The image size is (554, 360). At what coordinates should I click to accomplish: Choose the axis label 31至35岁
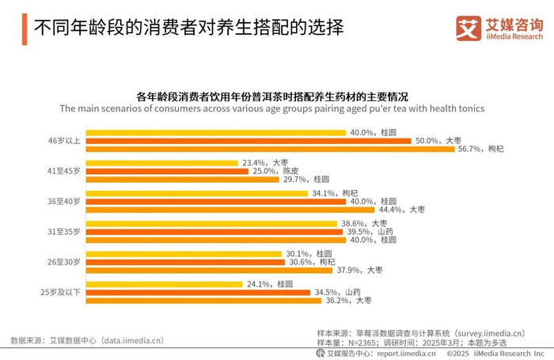click(x=63, y=232)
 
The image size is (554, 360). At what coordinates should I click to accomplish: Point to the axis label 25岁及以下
click(x=60, y=292)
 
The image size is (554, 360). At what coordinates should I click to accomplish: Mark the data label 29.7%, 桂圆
click(x=305, y=179)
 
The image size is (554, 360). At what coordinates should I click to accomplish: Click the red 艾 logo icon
click(x=467, y=28)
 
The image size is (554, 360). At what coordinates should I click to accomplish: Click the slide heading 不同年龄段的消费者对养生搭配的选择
click(x=188, y=29)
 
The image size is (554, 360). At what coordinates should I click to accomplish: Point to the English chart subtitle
click(x=271, y=108)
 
